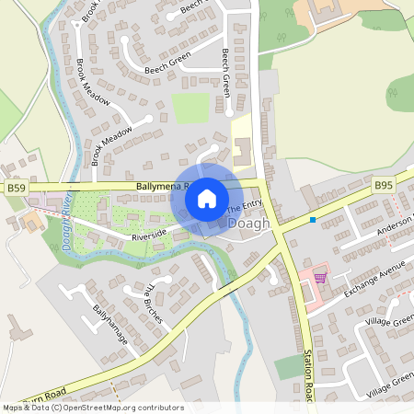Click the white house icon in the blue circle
tap(207, 197)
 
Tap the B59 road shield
tap(16, 187)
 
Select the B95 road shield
tap(385, 185)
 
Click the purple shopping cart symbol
tap(320, 278)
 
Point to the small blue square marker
tap(313, 220)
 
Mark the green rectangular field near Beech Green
tap(191, 108)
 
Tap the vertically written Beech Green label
tap(226, 74)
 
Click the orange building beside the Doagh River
tap(31, 221)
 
